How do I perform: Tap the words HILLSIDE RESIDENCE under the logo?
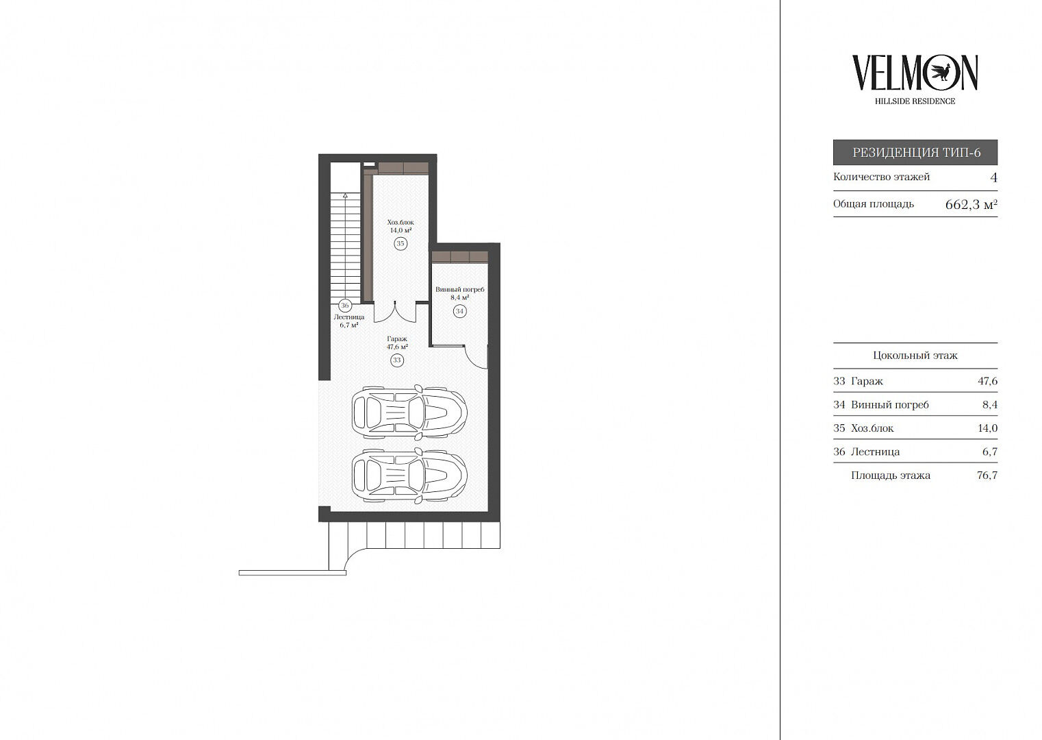coord(915,101)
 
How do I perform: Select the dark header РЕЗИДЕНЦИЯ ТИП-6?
coord(915,152)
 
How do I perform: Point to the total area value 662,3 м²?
coord(971,204)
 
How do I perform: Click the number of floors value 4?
coord(993,177)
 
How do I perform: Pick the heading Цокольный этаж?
coord(915,356)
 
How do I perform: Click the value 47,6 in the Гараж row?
coord(988,381)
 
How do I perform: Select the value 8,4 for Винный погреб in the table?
coord(990,405)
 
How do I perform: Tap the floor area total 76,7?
coord(988,476)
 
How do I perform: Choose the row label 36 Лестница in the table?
coord(867,452)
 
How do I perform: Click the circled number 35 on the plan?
coord(400,243)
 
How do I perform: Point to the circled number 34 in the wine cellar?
coord(459,311)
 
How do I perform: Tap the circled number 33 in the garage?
coord(397,360)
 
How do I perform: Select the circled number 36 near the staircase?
coord(344,306)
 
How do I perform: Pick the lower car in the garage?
coord(409,476)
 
